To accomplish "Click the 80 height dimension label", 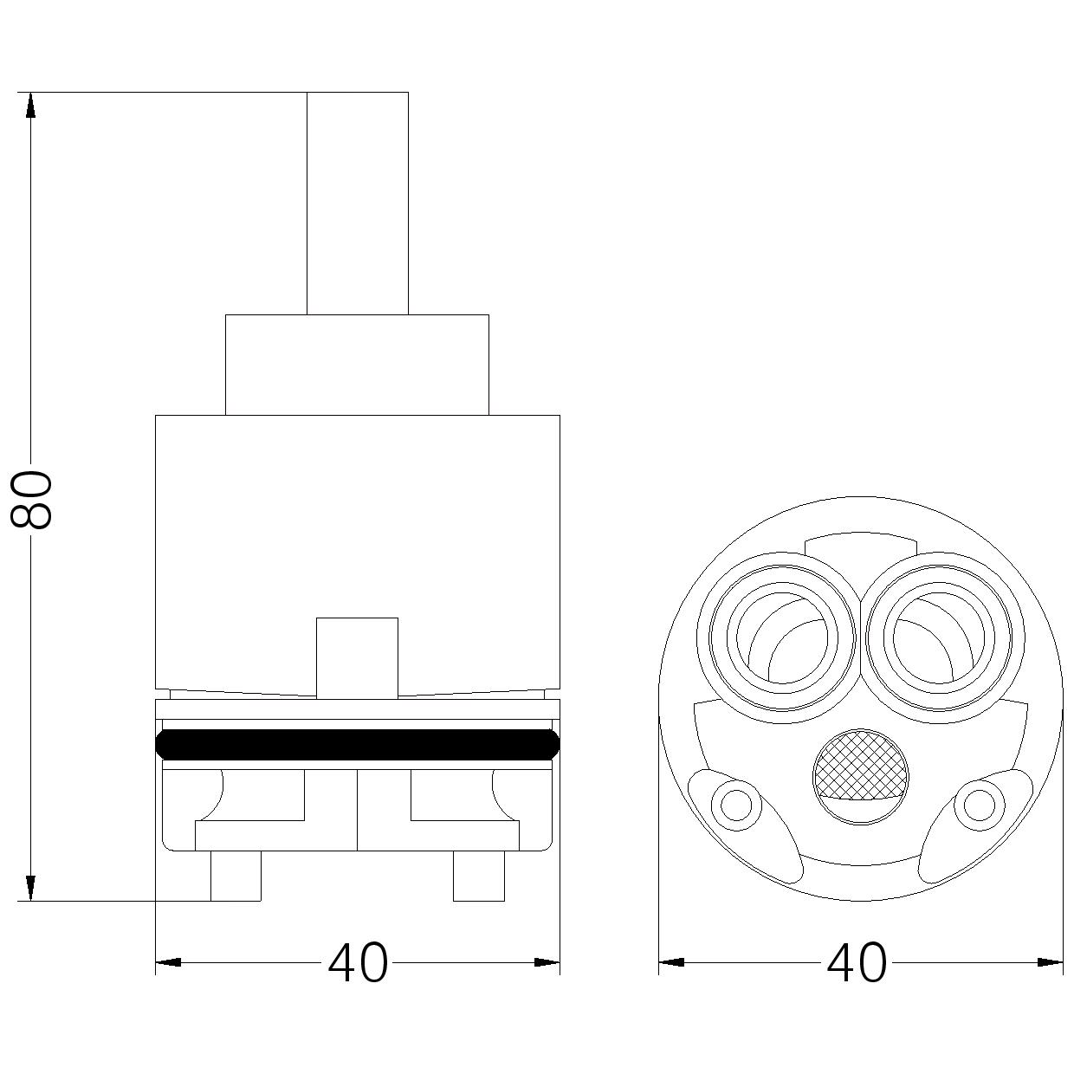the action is click(x=32, y=499).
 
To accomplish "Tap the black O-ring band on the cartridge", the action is click(x=357, y=744).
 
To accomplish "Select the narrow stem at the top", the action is click(x=357, y=204).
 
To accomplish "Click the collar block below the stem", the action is click(x=357, y=365).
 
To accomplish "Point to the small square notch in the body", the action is click(x=357, y=657).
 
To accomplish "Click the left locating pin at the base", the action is click(x=236, y=876).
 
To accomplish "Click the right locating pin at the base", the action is click(x=479, y=876).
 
